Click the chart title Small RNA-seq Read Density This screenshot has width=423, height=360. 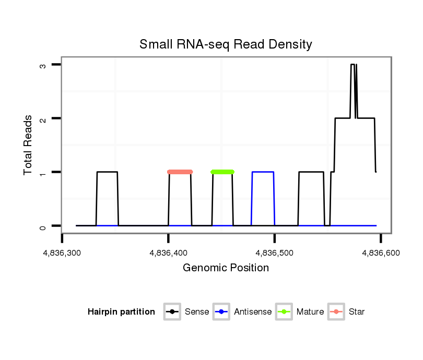(x=226, y=44)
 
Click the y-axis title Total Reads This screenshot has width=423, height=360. (x=29, y=145)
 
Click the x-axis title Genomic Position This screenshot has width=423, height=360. (x=226, y=268)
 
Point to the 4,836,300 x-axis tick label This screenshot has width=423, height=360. (x=62, y=253)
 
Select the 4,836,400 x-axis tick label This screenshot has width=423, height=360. (x=168, y=253)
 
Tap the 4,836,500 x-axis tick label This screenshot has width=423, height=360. (x=274, y=253)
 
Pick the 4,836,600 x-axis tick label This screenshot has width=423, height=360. (x=380, y=253)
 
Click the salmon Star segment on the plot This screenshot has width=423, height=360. (x=180, y=172)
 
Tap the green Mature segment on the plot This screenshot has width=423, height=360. (x=222, y=172)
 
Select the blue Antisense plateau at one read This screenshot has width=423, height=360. (x=263, y=172)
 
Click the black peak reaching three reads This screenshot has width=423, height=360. (x=352, y=65)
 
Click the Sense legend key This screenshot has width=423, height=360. (x=172, y=312)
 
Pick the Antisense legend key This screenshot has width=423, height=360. (x=221, y=312)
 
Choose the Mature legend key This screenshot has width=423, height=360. (x=284, y=312)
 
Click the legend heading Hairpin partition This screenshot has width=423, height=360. (x=121, y=312)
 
